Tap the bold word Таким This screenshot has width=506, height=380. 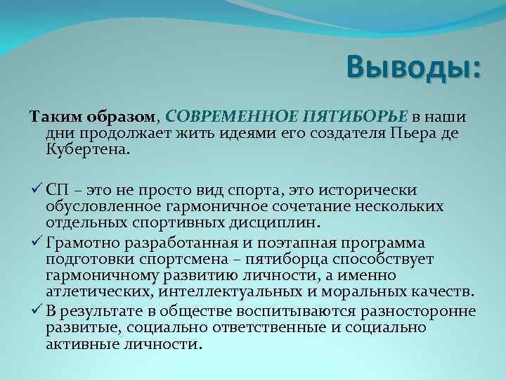pos(51,115)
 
